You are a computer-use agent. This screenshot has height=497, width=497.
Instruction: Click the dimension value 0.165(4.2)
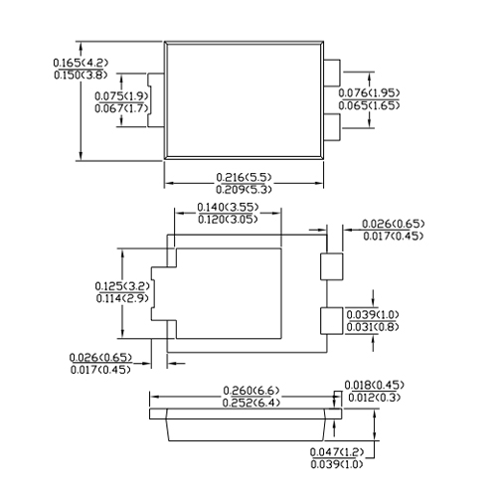81,63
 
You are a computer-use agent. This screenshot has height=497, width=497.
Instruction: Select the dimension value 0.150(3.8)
81,75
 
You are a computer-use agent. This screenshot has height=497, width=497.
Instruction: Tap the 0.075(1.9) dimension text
121,96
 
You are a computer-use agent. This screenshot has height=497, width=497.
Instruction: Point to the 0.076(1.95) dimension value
369,92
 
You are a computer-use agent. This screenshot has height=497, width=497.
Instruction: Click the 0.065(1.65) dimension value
369,105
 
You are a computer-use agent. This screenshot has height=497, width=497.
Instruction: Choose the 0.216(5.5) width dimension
244,177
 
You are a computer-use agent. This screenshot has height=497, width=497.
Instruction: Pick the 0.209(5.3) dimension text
244,190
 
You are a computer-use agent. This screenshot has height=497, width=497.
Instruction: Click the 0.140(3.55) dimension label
228,207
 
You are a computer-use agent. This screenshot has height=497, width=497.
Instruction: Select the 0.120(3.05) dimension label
228,220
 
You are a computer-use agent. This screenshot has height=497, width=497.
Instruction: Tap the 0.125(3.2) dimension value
122,286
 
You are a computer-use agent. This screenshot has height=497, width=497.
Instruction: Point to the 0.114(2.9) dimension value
122,298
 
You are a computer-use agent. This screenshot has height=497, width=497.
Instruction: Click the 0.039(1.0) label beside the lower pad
373,314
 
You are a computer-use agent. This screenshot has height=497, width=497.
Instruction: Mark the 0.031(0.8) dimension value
373,327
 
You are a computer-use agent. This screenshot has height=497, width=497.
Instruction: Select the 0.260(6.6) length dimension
251,391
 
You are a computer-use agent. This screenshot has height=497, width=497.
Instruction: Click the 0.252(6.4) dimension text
251,403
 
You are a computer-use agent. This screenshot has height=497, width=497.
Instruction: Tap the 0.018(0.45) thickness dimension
375,385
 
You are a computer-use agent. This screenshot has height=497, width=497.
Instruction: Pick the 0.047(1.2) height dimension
337,451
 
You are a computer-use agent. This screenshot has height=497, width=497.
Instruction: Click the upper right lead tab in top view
332,73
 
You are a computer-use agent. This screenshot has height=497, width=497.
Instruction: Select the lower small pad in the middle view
331,321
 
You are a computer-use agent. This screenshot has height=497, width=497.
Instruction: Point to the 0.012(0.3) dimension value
375,398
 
